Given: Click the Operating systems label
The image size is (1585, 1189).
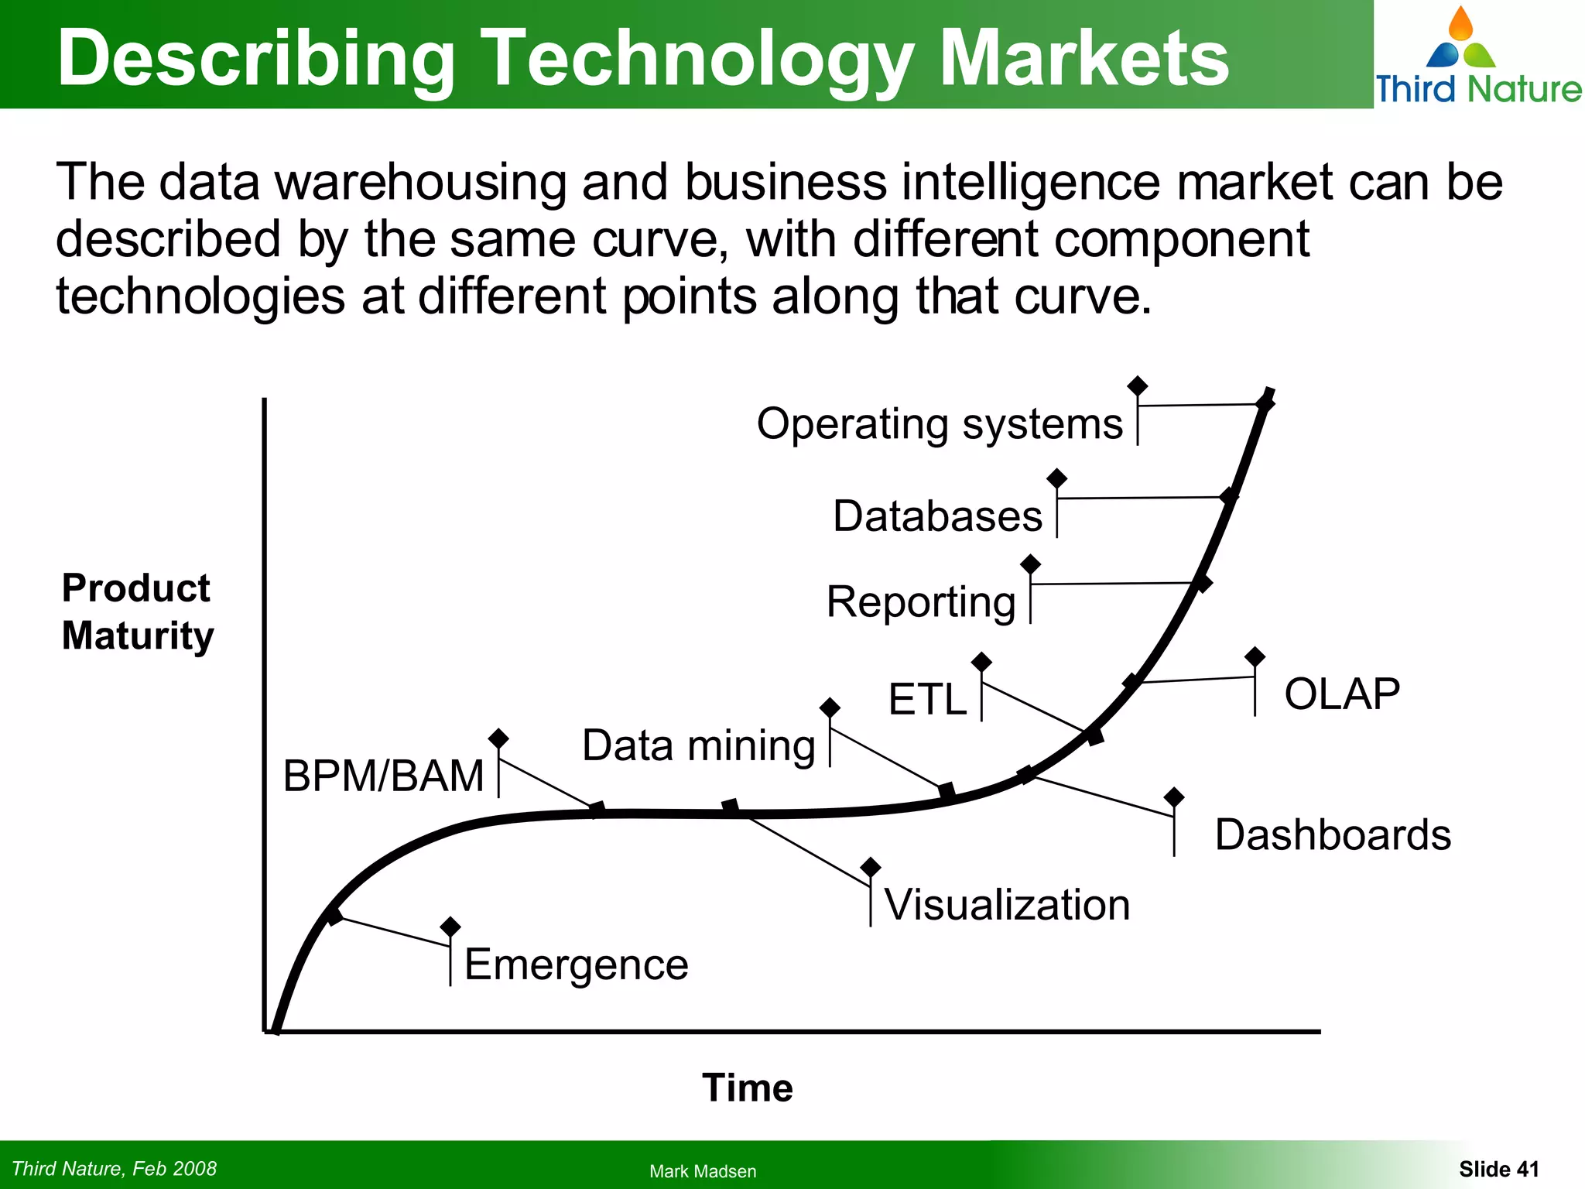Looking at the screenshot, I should tap(939, 424).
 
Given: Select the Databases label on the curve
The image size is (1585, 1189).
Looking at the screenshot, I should tap(937, 516).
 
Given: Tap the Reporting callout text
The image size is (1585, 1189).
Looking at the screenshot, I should tap(920, 602).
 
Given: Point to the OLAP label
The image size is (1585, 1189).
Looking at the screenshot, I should tap(1341, 694).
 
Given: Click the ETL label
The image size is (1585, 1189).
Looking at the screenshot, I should tap(927, 699).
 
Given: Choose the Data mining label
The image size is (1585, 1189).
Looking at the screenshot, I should tap(698, 745).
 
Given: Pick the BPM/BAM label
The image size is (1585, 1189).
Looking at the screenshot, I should tap(383, 776).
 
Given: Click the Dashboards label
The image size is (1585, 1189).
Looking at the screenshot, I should tap(1332, 835).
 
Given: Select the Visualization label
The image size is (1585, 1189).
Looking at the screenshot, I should tap(1006, 905).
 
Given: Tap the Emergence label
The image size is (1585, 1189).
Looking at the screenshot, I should tap(576, 965).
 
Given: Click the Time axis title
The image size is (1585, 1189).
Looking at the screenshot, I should tap(747, 1088).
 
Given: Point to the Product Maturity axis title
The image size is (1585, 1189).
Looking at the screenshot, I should tap(137, 612).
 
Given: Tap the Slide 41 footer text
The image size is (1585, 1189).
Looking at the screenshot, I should tap(1498, 1169).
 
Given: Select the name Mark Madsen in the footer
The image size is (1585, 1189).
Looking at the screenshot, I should tap(702, 1171).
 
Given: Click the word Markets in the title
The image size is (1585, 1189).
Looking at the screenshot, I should tap(1083, 58).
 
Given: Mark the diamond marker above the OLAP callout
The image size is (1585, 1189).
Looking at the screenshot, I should tap(1255, 657).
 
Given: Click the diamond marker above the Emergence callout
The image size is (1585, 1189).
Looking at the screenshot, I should tap(450, 926).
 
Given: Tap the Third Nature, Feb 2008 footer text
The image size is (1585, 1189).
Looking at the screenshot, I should tap(115, 1168).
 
